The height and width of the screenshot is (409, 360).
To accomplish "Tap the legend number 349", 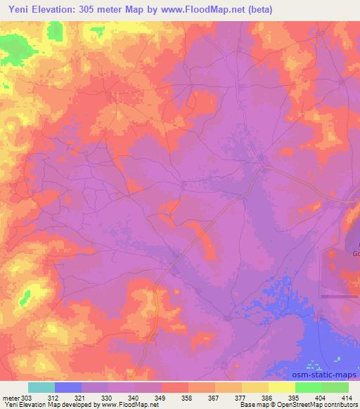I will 161,397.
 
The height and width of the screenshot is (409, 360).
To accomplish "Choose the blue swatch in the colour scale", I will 67,387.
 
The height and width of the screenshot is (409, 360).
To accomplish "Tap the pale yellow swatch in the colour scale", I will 281,387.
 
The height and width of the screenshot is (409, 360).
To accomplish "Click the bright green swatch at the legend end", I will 335,387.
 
